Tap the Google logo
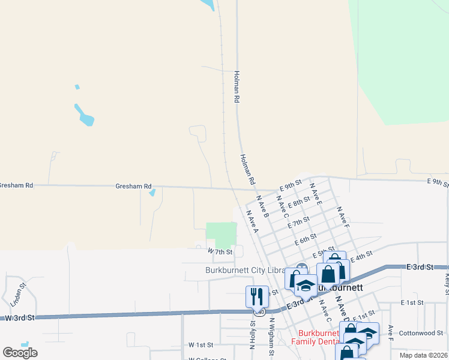click(x=20, y=353)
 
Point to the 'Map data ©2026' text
click(x=424, y=355)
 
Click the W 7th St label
click(x=220, y=251)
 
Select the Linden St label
click(x=13, y=295)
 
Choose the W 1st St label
click(x=200, y=345)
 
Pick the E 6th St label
click(x=306, y=239)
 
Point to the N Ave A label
click(x=252, y=221)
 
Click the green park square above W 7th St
click(x=221, y=234)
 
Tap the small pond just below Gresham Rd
click(x=152, y=193)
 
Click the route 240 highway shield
click(x=259, y=312)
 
